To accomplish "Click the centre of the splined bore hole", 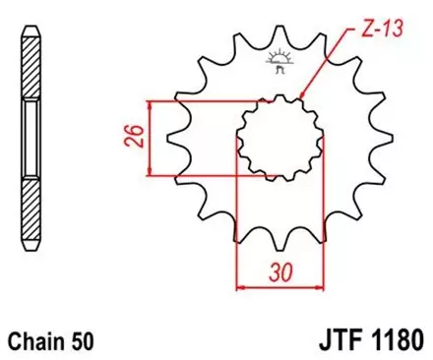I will [x=277, y=139].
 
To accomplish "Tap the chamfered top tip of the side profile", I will [x=33, y=29].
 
